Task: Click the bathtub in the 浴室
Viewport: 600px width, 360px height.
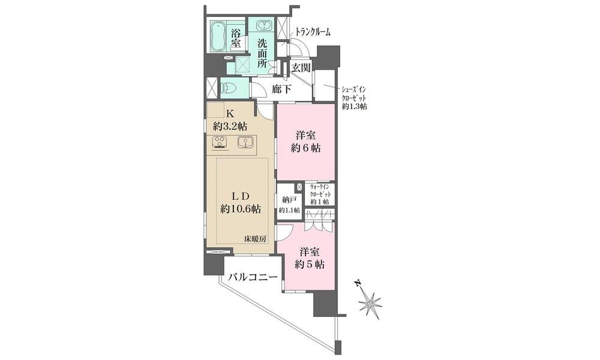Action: [x=219, y=37]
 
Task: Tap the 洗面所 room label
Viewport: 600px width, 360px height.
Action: [x=262, y=53]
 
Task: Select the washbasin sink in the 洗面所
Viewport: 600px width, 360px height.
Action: [x=263, y=26]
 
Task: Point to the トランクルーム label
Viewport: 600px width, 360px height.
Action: [x=313, y=32]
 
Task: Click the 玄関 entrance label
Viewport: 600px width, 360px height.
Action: [x=301, y=68]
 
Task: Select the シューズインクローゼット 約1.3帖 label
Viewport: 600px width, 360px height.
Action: [x=354, y=98]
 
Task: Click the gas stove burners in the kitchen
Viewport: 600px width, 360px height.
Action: [x=220, y=142]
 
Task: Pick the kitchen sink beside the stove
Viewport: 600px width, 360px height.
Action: [x=244, y=142]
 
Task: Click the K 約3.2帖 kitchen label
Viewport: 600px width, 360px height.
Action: [x=230, y=120]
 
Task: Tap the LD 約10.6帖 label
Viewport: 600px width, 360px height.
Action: [x=241, y=202]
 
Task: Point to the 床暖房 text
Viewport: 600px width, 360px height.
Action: [x=255, y=239]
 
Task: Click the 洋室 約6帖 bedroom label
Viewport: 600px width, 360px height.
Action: [x=306, y=142]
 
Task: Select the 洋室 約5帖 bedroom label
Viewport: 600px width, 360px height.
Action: [x=310, y=258]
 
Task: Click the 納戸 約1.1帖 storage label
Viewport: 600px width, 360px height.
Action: [x=289, y=204]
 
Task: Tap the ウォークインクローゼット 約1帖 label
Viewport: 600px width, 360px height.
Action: [x=320, y=194]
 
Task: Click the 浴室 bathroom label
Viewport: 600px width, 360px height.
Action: [x=236, y=38]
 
